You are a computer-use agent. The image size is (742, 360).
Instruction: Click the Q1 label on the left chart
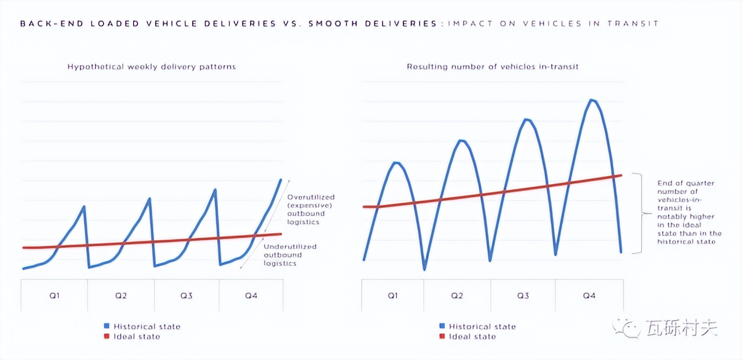tap(54, 296)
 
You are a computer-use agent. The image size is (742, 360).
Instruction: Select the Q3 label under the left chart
tap(186, 296)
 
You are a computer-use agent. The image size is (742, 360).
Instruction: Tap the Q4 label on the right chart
tap(589, 296)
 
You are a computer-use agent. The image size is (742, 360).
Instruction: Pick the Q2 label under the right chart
tap(457, 296)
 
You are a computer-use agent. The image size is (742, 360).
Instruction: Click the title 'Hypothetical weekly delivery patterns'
tap(152, 67)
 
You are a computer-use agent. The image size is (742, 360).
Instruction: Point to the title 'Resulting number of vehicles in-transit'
tap(493, 67)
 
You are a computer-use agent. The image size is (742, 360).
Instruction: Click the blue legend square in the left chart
tap(107, 326)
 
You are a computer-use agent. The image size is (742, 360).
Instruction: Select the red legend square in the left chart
tap(107, 336)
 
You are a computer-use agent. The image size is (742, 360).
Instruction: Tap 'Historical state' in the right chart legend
tap(482, 326)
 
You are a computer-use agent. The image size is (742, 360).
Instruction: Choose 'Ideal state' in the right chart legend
tap(472, 336)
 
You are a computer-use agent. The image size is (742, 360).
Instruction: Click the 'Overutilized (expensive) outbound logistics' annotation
tap(311, 210)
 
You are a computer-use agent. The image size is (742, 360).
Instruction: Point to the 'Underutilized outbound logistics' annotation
tap(290, 255)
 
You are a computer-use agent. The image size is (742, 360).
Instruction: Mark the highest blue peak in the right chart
tap(592, 100)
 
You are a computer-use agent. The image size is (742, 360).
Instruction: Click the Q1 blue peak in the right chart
tap(396, 163)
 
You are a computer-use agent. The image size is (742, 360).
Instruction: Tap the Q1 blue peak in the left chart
tap(85, 207)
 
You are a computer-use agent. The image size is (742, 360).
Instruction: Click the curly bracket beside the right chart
tap(640, 213)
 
